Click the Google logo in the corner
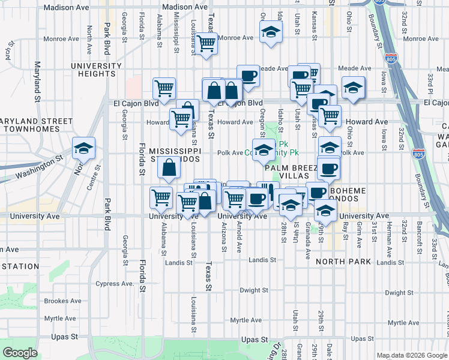pyautogui.click(x=20, y=353)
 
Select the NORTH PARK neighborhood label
pyautogui.click(x=343, y=262)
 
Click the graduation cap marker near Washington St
pyautogui.click(x=83, y=148)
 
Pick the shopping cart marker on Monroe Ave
pyautogui.click(x=206, y=43)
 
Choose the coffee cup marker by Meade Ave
pyautogui.click(x=248, y=76)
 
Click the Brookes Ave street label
pyautogui.click(x=62, y=301)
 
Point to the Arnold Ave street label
pyautogui.click(x=240, y=235)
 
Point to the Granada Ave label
pyautogui.click(x=307, y=236)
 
